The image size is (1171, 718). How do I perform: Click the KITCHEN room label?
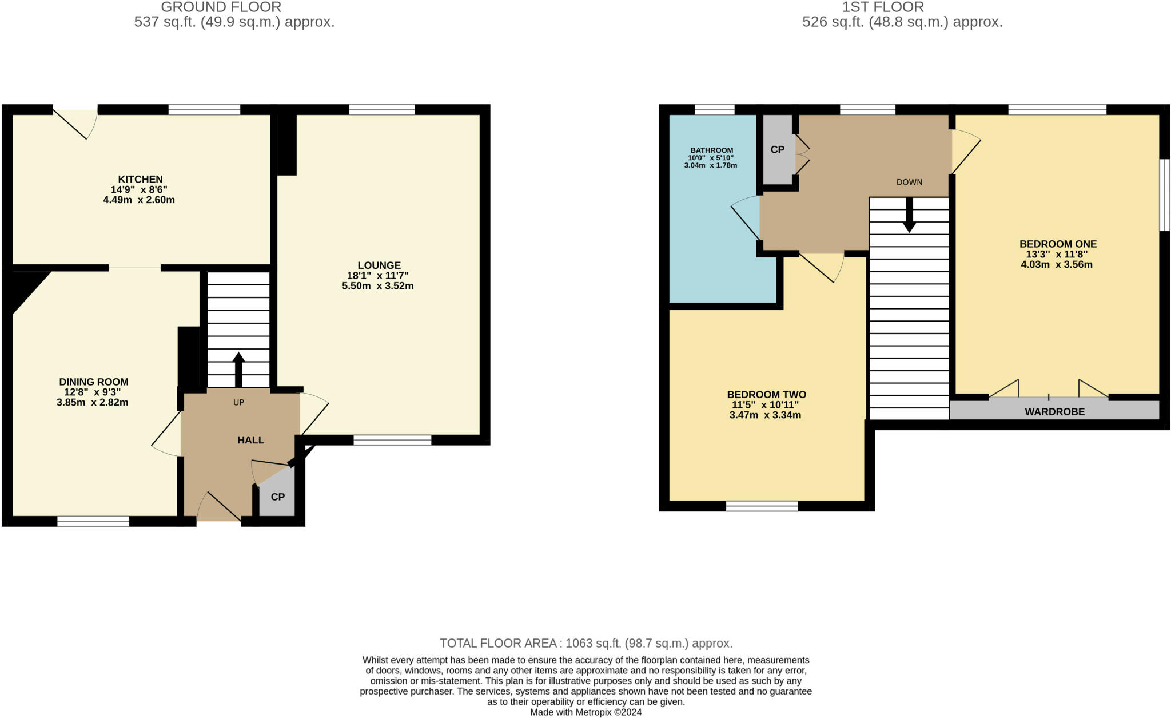coord(141,180)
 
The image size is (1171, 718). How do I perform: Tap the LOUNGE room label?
coord(379,265)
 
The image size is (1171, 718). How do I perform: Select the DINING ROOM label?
coord(94,382)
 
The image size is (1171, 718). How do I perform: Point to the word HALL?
coord(251,440)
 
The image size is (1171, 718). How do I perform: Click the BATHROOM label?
coord(711,150)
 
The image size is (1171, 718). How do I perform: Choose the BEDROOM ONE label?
coord(1058,244)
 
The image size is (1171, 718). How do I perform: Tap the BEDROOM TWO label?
coord(767,395)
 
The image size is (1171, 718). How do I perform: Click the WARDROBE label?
coord(1054,412)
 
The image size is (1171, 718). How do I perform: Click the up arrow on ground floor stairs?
coord(238,370)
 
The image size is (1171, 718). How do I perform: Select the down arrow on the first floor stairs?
coord(909,215)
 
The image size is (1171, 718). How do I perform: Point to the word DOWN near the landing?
coord(909,183)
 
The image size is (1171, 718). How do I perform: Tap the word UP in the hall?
coord(238,403)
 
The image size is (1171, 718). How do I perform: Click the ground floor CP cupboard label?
coord(278,497)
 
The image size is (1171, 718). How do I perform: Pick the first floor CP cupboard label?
coord(778,150)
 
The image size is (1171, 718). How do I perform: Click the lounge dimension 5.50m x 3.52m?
coord(378,286)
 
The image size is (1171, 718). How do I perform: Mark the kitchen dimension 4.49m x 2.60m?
coord(139,200)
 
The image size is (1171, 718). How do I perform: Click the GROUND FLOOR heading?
coord(221,7)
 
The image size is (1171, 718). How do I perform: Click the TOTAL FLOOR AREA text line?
coord(586,644)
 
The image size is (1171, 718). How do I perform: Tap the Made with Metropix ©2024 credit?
coord(586,712)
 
